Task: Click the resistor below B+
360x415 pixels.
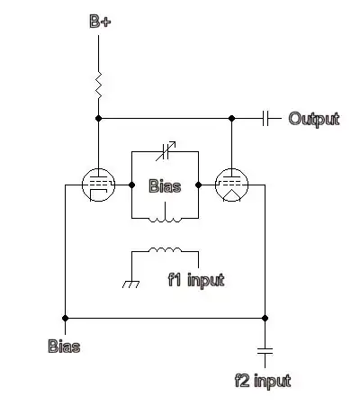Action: pyautogui.click(x=99, y=86)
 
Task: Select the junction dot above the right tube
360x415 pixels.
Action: pyautogui.click(x=231, y=118)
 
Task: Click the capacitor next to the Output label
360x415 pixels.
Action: pyautogui.click(x=266, y=118)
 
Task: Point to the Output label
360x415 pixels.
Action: pyautogui.click(x=313, y=119)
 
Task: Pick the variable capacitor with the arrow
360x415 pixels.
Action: pyautogui.click(x=165, y=151)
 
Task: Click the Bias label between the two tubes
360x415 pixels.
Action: pyautogui.click(x=165, y=187)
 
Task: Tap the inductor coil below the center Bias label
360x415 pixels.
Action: pyautogui.click(x=165, y=218)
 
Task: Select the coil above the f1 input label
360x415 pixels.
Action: pyautogui.click(x=166, y=252)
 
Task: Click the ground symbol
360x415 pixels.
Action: pyautogui.click(x=132, y=284)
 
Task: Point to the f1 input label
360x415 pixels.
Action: pyautogui.click(x=196, y=280)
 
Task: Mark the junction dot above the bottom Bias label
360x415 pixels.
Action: pyautogui.click(x=65, y=317)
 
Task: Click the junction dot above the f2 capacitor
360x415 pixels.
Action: pyautogui.click(x=265, y=317)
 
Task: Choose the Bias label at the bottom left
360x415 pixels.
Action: pyautogui.click(x=64, y=345)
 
